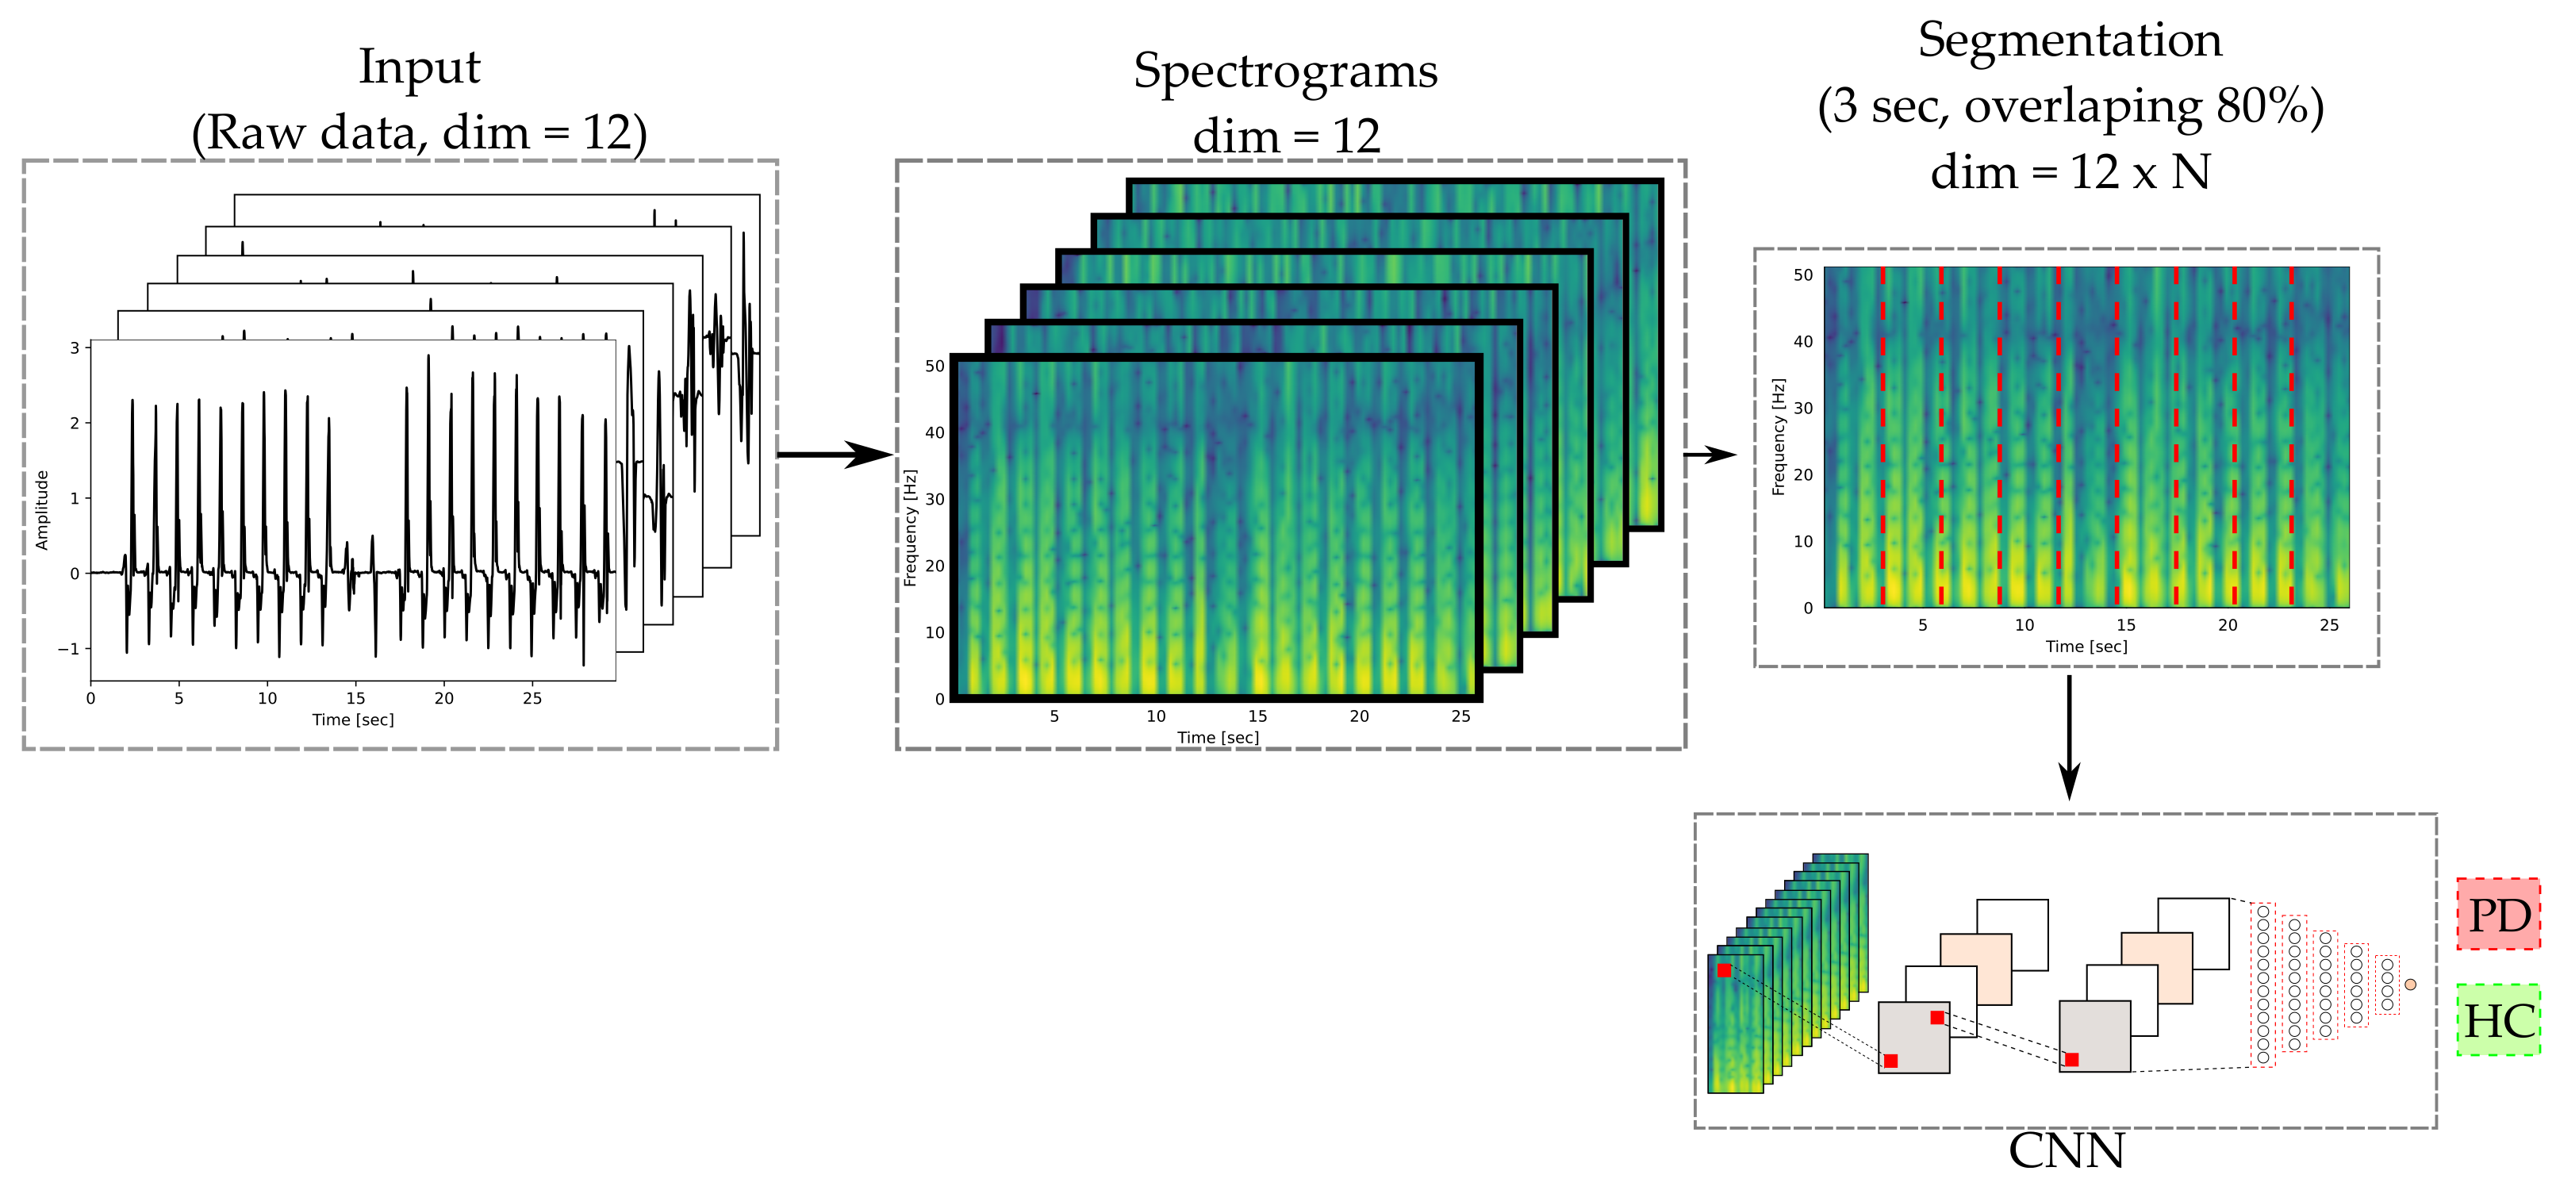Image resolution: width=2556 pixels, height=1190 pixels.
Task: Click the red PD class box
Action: pyautogui.click(x=2497, y=914)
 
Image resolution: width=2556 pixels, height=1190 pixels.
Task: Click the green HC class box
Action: pyautogui.click(x=2497, y=1020)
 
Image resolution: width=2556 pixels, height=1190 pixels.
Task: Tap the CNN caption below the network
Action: pyautogui.click(x=2066, y=1151)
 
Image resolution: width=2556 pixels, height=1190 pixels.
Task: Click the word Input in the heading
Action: pyautogui.click(x=419, y=67)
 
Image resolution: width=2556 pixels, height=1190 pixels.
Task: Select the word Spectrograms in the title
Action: pyautogui.click(x=1285, y=71)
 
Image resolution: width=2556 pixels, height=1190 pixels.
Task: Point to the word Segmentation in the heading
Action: pyautogui.click(x=2070, y=40)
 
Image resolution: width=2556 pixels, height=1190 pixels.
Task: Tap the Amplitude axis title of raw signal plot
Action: pyautogui.click(x=42, y=510)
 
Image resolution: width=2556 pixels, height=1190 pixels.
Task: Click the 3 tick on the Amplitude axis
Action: pyautogui.click(x=75, y=347)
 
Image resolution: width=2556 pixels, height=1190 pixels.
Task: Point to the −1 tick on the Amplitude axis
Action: pyautogui.click(x=68, y=649)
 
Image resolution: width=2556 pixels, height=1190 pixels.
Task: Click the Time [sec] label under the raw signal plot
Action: pyautogui.click(x=352, y=720)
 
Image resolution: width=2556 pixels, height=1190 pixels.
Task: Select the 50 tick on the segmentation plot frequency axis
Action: pyautogui.click(x=1803, y=275)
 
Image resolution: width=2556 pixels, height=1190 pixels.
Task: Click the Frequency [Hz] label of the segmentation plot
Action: pyautogui.click(x=1778, y=436)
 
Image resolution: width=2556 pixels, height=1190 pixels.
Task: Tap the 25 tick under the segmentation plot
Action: pyautogui.click(x=2329, y=625)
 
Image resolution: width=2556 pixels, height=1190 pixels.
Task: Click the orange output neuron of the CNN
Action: pyautogui.click(x=2410, y=985)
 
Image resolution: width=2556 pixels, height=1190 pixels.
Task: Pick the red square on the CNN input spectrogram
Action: pyautogui.click(x=1725, y=971)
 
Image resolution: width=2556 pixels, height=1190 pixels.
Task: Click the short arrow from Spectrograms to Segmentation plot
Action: pyautogui.click(x=1710, y=455)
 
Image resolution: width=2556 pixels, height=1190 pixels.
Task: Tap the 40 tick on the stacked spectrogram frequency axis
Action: pyautogui.click(x=935, y=432)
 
